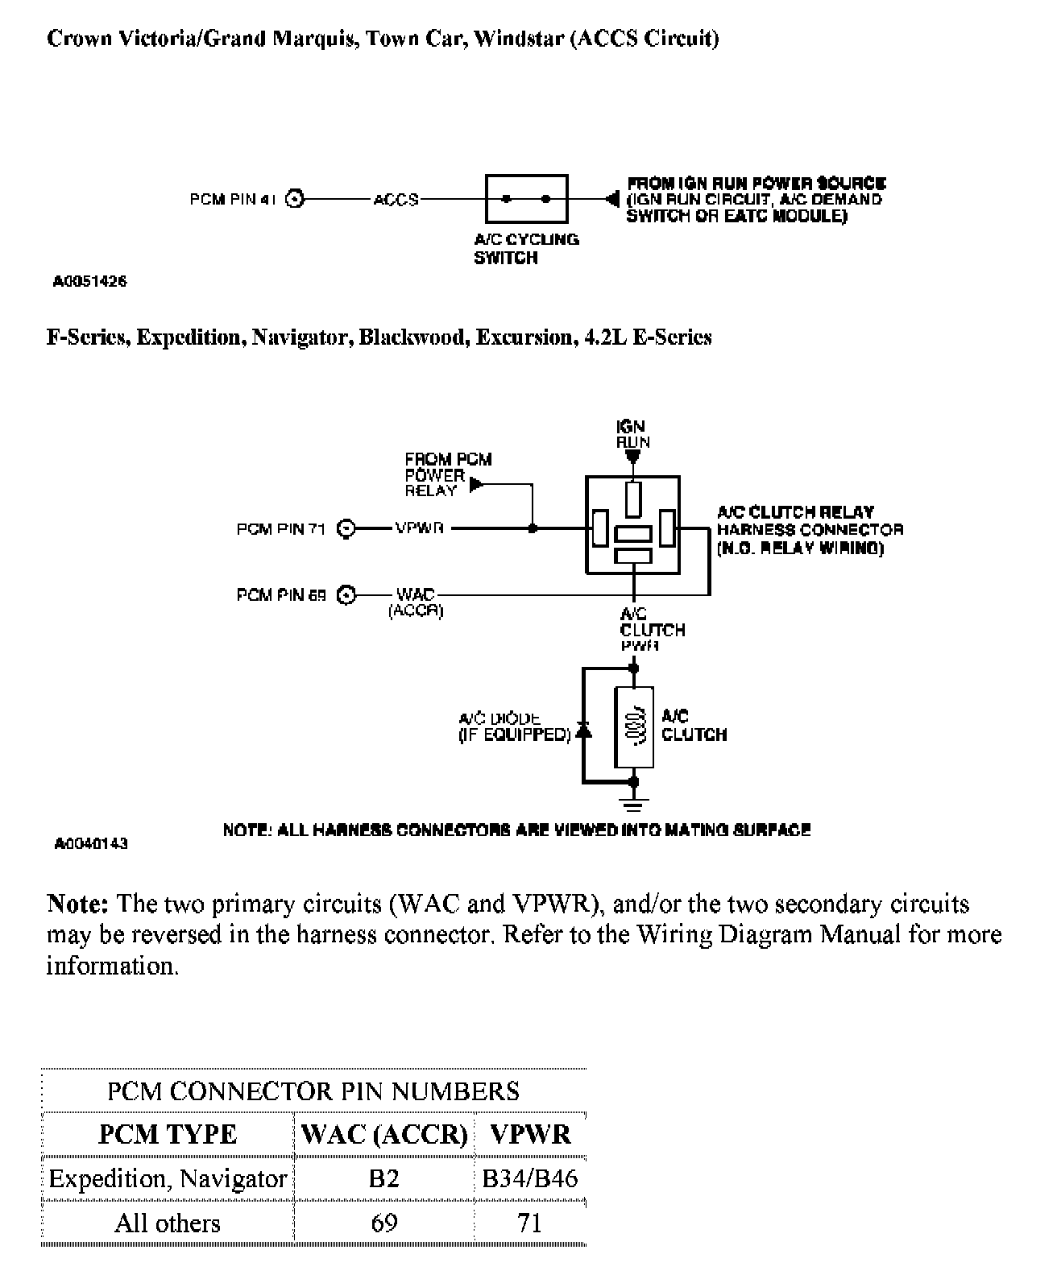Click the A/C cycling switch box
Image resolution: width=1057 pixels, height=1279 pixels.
tap(526, 198)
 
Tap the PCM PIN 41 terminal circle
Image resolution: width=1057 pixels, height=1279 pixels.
tap(296, 199)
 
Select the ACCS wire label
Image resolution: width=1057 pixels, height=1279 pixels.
tap(396, 200)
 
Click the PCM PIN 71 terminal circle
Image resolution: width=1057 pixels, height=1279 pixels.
tap(346, 529)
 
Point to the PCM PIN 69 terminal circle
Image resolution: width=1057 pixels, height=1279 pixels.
tap(346, 595)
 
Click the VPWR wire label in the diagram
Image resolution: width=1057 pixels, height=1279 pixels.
tap(419, 529)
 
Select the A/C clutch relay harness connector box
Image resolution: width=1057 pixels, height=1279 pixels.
tap(633, 524)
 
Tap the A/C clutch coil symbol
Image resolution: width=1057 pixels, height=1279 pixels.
tap(634, 727)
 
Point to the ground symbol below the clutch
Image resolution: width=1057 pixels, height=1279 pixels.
tap(634, 803)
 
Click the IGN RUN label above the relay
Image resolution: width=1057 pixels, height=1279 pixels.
tap(632, 434)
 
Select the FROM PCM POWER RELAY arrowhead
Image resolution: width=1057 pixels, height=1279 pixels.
tap(476, 484)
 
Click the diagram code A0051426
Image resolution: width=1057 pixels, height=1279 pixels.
tap(89, 282)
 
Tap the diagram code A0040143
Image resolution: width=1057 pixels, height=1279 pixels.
tap(91, 844)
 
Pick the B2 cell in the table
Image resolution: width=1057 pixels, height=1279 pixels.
tap(383, 1178)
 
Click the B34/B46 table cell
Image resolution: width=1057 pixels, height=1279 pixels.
tap(529, 1178)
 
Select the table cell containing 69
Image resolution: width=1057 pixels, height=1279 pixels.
tap(383, 1223)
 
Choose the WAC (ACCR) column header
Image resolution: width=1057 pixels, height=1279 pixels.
tap(383, 1134)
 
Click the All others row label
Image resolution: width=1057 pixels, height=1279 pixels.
tap(167, 1223)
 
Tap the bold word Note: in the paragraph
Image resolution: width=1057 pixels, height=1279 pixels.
tap(77, 904)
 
